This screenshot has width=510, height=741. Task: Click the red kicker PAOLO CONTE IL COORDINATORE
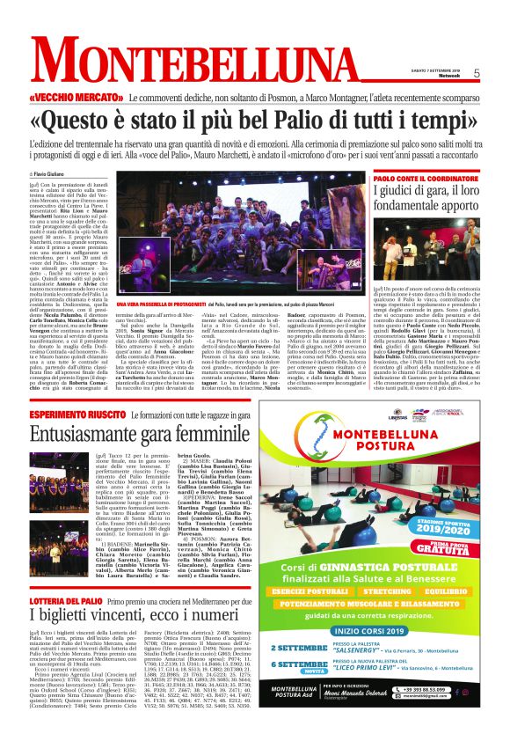(x=421, y=179)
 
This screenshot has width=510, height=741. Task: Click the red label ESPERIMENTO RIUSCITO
(x=73, y=415)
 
